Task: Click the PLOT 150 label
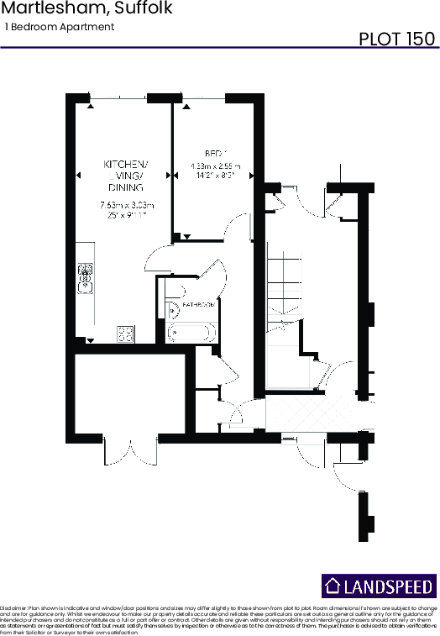click(397, 39)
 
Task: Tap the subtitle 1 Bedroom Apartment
click(60, 27)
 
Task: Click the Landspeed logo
click(380, 586)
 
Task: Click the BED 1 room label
click(213, 154)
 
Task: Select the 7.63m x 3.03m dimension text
click(126, 205)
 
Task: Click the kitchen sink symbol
click(85, 278)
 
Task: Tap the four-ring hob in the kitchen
click(126, 334)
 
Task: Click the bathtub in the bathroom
click(192, 333)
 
